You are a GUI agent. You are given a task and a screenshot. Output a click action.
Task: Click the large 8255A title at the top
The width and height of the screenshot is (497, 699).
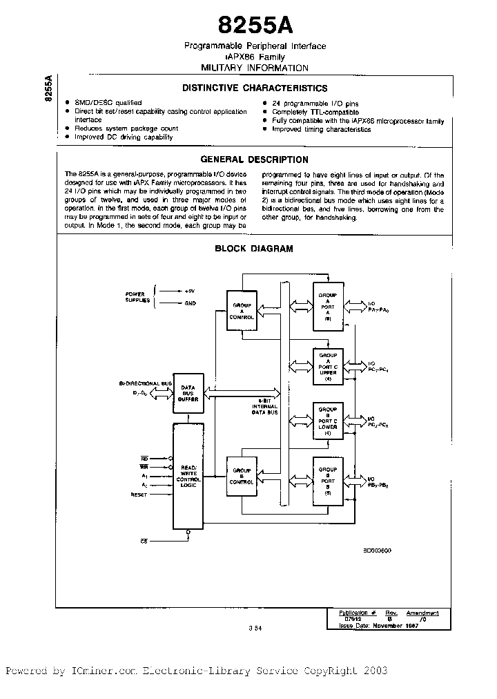[255, 26]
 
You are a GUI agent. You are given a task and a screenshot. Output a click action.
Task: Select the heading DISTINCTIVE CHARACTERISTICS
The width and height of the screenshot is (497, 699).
[255, 88]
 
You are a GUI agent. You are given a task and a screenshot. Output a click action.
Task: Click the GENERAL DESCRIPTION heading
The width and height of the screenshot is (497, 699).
[255, 160]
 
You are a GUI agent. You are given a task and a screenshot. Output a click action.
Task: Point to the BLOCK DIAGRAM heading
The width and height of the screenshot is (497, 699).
[254, 249]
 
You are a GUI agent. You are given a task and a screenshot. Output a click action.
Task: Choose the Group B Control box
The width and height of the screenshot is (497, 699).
[242, 477]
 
